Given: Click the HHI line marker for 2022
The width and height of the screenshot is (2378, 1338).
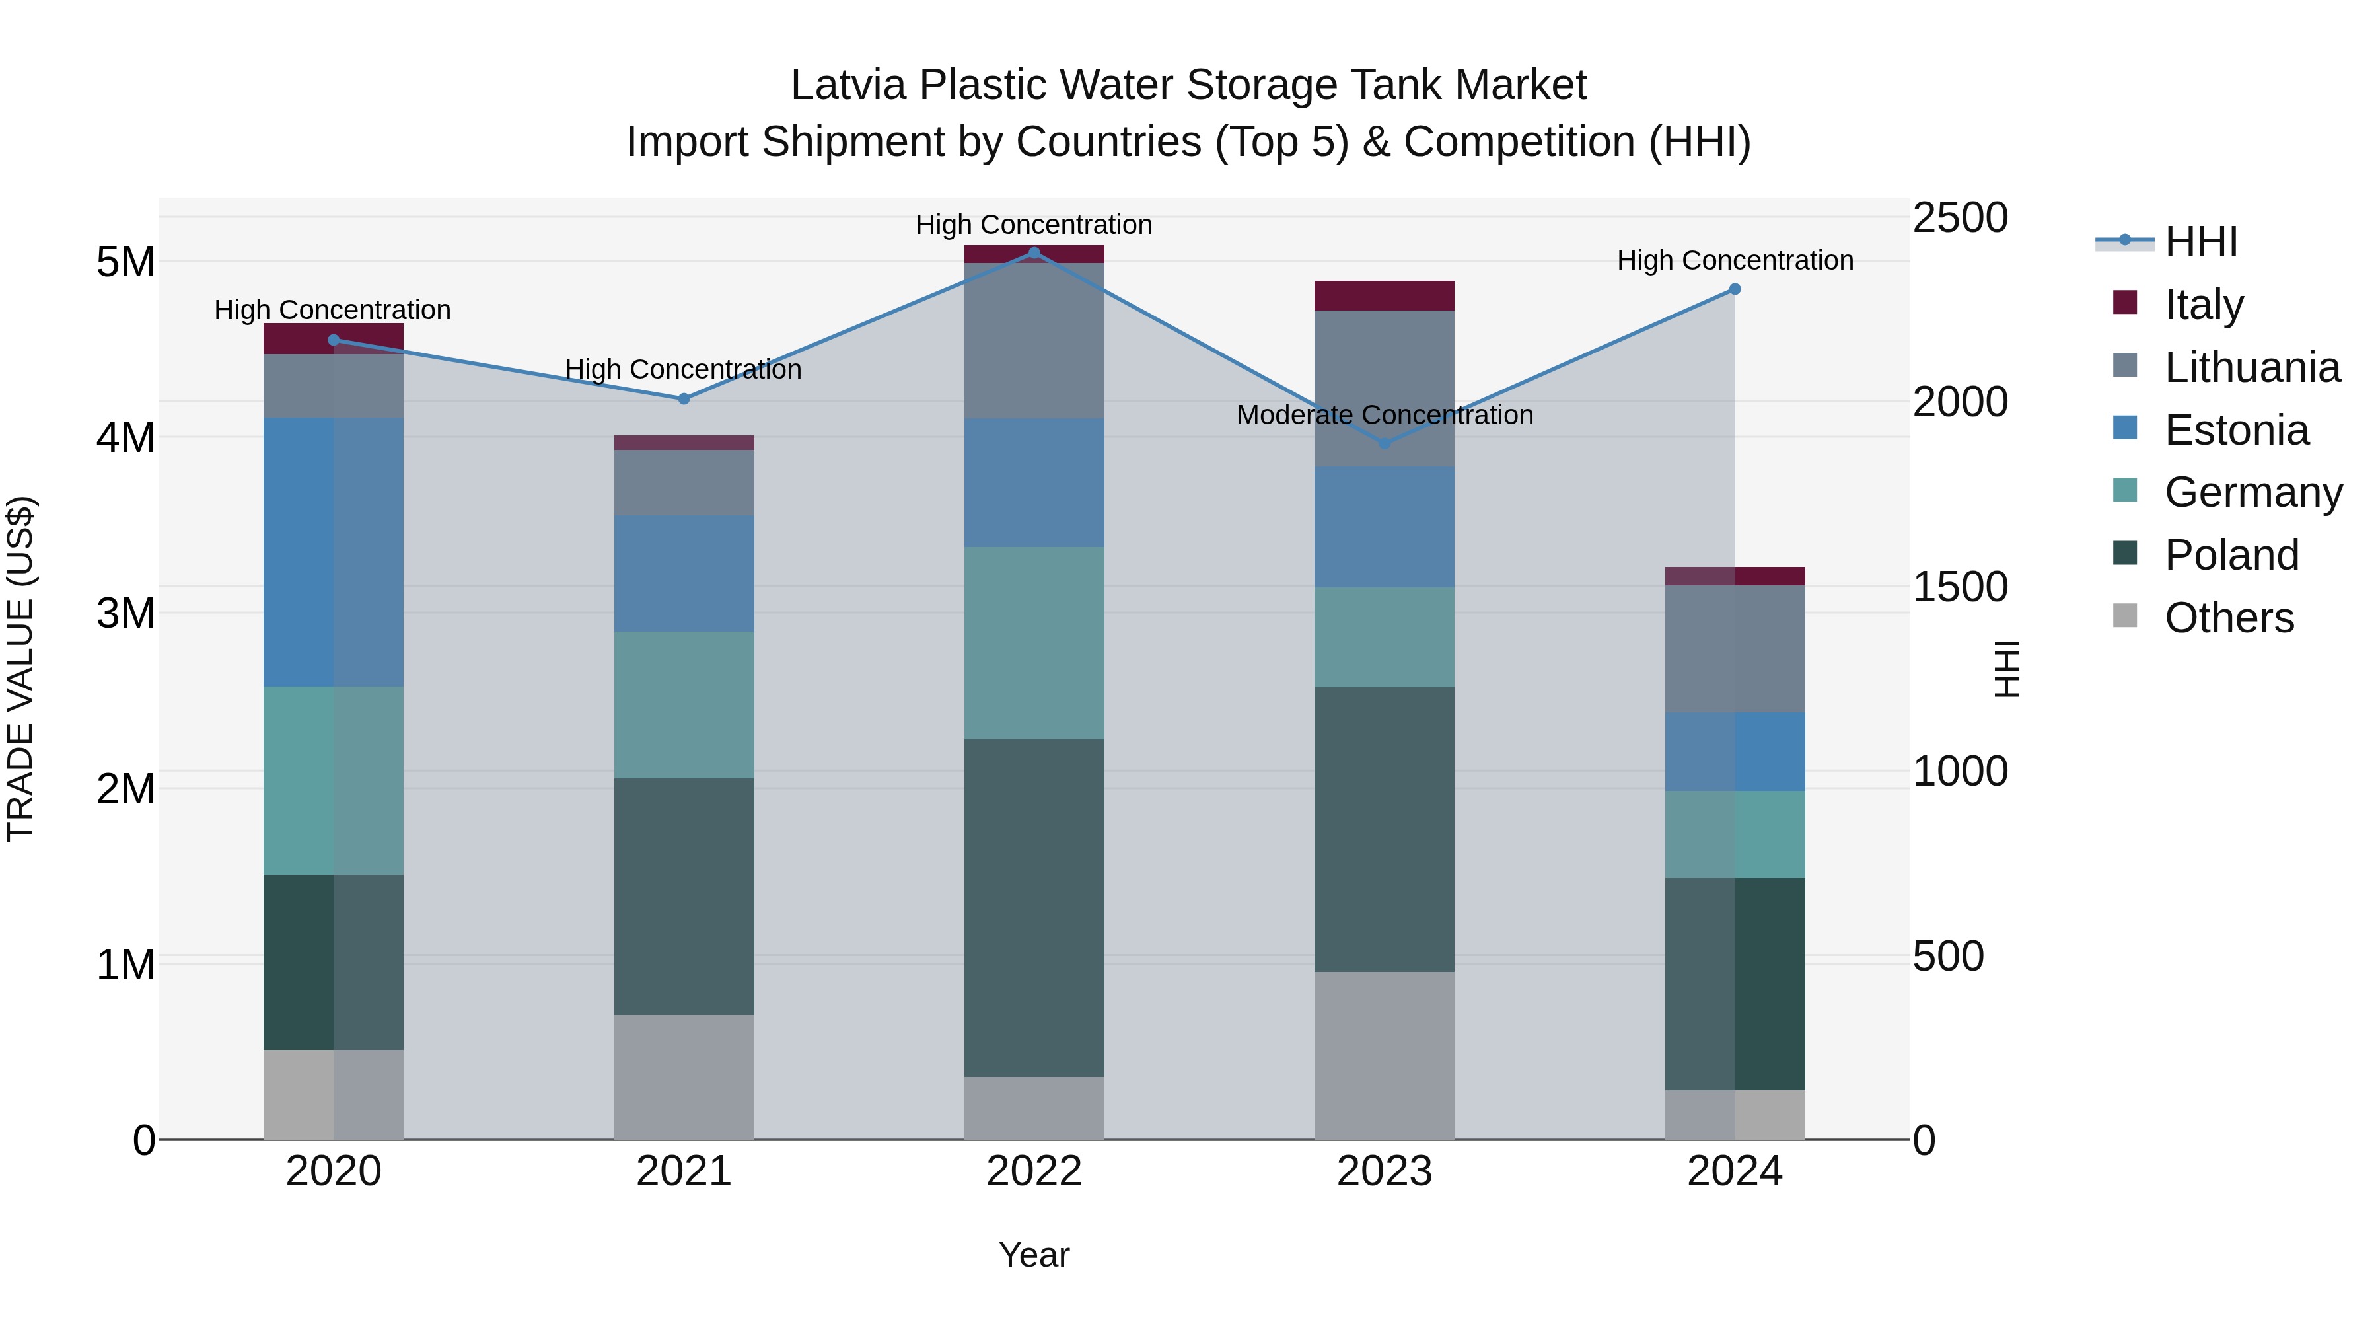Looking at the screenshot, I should pyautogui.click(x=1034, y=253).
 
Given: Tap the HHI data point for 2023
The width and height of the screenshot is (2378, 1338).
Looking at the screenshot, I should pyautogui.click(x=1384, y=444).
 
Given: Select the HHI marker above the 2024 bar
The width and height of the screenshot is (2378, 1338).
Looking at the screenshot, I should pyautogui.click(x=1735, y=289).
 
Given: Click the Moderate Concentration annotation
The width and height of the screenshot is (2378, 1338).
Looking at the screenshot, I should pyautogui.click(x=1384, y=416).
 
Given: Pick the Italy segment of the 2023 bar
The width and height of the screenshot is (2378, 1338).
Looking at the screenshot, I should pyautogui.click(x=1384, y=295).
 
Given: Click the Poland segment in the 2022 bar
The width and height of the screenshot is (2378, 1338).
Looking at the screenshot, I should pyautogui.click(x=1034, y=908).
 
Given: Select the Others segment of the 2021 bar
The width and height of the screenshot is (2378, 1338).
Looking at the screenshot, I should pyautogui.click(x=684, y=1077).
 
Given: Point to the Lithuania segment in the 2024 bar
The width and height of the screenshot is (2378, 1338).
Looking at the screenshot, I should pyautogui.click(x=1735, y=648).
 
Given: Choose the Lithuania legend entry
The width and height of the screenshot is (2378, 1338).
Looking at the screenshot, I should pyautogui.click(x=2252, y=367).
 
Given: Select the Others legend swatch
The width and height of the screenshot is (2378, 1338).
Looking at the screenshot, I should pyautogui.click(x=2124, y=616).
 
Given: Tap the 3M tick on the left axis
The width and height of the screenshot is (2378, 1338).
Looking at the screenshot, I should pyautogui.click(x=126, y=613).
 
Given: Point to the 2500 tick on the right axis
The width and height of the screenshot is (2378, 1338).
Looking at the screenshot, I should pyautogui.click(x=1960, y=219).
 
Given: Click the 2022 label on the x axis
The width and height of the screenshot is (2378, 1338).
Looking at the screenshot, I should pyautogui.click(x=1034, y=1171).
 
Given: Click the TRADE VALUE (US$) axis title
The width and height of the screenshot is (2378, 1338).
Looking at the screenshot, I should pyautogui.click(x=21, y=669).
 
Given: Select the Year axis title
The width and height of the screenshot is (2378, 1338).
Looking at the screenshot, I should pyautogui.click(x=1034, y=1255).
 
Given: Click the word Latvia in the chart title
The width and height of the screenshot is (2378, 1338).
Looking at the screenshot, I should pyautogui.click(x=849, y=85).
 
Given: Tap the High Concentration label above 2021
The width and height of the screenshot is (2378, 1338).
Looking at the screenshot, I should pyautogui.click(x=683, y=369).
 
